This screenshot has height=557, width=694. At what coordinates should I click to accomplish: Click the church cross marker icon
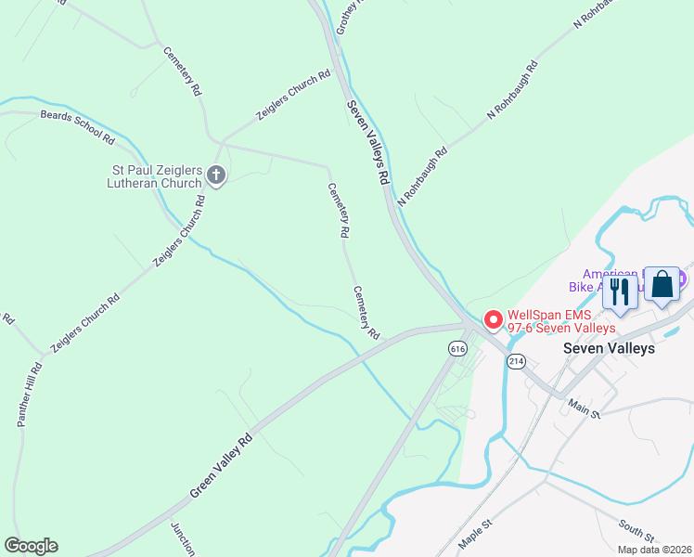(216, 175)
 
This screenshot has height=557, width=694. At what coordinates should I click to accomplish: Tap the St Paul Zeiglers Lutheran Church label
(157, 176)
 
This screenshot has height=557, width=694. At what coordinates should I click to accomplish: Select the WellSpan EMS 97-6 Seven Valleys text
(561, 321)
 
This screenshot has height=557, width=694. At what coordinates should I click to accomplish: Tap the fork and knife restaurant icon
(619, 291)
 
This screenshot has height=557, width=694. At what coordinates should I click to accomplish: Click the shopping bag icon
(662, 285)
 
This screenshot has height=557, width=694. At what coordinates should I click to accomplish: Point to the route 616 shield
(456, 348)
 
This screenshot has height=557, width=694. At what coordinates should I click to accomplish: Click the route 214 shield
(517, 360)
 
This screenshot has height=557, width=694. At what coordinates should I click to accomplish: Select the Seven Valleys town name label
(610, 348)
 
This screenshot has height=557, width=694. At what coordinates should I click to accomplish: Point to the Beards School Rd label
(76, 126)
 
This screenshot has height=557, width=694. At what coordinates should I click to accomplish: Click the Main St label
(585, 408)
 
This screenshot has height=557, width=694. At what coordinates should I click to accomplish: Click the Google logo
(31, 546)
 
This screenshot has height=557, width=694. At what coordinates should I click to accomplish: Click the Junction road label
(182, 538)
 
